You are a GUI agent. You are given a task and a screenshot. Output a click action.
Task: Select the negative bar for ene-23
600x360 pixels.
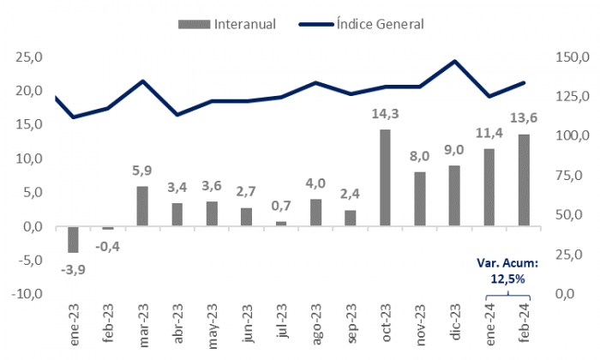(73, 239)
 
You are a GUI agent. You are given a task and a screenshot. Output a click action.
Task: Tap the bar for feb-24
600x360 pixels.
(524, 180)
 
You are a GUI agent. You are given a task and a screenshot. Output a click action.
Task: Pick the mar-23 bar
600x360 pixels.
(142, 206)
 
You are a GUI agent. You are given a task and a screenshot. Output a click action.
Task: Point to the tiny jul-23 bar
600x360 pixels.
(281, 224)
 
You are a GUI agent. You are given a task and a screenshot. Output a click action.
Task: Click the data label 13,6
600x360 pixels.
(524, 118)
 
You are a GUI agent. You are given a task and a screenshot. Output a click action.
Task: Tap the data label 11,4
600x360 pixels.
(489, 133)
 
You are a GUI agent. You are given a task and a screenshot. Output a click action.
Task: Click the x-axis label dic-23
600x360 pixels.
(455, 324)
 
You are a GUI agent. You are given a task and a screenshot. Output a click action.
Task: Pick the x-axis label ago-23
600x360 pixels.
(316, 324)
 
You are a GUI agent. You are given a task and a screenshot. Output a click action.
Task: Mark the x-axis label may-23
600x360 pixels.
(212, 324)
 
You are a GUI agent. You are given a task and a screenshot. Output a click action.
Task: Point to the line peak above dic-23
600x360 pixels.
(454, 61)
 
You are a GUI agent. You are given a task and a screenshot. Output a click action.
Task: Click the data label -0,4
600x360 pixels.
(108, 246)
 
